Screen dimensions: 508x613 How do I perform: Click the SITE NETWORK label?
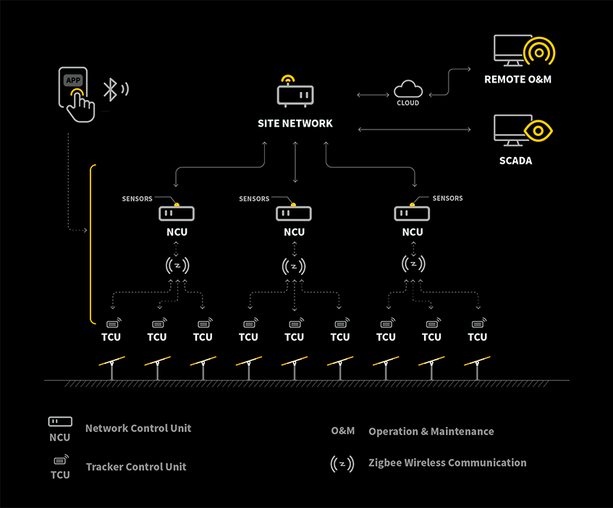(x=295, y=124)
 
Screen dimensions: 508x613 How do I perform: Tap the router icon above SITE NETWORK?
(x=295, y=93)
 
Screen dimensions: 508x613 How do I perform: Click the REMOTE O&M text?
(x=517, y=79)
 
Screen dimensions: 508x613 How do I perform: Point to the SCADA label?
(x=515, y=161)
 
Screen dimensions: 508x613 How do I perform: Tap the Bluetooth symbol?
(x=110, y=90)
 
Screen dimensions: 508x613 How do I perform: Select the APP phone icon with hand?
(x=77, y=96)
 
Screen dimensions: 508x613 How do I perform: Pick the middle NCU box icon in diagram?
(x=294, y=213)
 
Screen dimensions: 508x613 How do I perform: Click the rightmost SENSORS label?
(x=447, y=198)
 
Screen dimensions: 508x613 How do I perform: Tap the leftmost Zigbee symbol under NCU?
(x=177, y=266)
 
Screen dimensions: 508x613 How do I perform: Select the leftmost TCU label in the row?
(x=111, y=336)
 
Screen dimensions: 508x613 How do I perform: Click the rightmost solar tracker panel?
(x=477, y=362)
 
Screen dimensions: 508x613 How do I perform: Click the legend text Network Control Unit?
(x=138, y=428)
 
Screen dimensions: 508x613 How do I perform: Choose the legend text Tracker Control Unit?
(x=136, y=467)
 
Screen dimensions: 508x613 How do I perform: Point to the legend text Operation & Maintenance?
(x=431, y=431)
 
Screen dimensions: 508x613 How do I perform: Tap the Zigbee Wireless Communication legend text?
(x=447, y=462)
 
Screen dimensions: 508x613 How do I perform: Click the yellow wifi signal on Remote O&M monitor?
(x=539, y=52)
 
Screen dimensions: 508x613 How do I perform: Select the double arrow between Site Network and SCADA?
(x=414, y=130)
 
